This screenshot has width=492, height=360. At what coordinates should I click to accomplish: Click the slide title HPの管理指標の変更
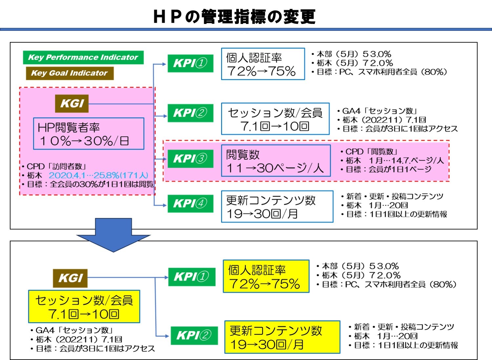234,16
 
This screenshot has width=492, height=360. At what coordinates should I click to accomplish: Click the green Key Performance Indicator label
83,57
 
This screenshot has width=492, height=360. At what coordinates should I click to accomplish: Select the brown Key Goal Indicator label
70,73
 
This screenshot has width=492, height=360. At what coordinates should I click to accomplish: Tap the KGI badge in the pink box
72,103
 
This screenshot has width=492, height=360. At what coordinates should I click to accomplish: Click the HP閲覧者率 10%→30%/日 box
89,134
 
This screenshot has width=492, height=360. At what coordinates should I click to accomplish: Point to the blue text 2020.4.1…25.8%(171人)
98,176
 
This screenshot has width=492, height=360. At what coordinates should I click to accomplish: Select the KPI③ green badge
190,159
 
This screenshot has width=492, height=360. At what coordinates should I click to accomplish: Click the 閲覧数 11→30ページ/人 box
276,161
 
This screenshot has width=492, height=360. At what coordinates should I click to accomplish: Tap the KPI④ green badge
190,203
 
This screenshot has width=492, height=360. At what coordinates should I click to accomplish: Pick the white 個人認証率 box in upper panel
263,64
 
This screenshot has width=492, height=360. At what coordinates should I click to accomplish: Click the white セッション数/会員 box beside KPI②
275,119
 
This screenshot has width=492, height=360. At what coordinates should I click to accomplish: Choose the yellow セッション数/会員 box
84,307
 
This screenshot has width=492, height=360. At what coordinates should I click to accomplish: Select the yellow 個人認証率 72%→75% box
266,276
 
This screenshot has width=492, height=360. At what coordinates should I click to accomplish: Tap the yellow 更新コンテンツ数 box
282,337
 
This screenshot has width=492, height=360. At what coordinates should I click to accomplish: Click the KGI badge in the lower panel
70,278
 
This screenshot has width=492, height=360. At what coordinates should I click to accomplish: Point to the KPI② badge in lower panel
194,335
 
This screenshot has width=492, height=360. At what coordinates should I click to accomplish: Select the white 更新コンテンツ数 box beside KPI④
277,207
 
